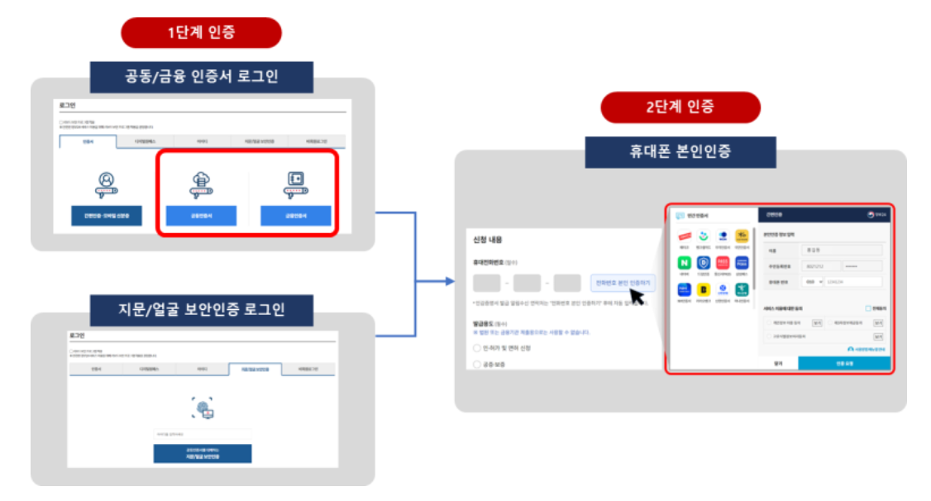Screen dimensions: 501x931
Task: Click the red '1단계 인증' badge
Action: (x=201, y=32)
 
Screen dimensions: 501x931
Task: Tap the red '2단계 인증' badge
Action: (x=680, y=107)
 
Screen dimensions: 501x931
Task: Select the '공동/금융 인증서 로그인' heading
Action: (x=202, y=77)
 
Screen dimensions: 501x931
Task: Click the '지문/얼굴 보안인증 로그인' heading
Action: (x=202, y=309)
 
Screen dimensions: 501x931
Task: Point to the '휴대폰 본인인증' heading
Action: (x=680, y=152)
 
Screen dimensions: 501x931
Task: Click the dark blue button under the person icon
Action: (x=106, y=217)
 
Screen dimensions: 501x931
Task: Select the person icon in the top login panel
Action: (x=106, y=184)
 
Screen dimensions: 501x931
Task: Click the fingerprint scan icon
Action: (x=203, y=408)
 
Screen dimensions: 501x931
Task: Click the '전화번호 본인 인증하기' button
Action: (x=623, y=283)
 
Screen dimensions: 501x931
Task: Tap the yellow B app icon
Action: (x=704, y=290)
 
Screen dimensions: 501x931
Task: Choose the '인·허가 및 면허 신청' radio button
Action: (x=477, y=348)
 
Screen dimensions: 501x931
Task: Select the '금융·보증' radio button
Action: (x=477, y=364)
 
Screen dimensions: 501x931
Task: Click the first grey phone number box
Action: (x=487, y=284)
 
